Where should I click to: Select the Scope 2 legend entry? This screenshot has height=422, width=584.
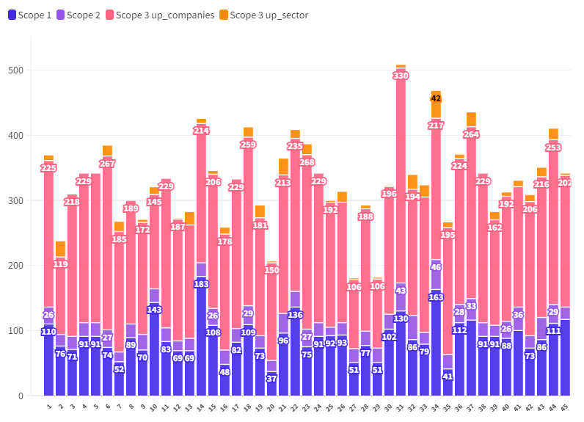(81, 15)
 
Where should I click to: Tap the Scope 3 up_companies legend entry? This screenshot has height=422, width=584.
(159, 15)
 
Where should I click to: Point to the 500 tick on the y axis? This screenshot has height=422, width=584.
(16, 70)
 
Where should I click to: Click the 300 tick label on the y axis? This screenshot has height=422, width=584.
(16, 200)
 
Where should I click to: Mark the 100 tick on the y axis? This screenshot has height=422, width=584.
(16, 330)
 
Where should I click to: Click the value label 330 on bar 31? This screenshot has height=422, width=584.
(401, 76)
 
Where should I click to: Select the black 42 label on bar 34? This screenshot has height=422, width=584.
(436, 98)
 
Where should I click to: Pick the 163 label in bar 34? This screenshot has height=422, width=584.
(436, 297)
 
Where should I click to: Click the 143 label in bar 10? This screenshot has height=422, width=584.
(154, 310)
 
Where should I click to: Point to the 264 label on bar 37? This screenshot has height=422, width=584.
(471, 134)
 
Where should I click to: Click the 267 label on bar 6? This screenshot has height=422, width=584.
(107, 164)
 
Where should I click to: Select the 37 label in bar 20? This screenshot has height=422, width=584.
(271, 379)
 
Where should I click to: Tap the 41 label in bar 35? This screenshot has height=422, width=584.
(448, 376)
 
